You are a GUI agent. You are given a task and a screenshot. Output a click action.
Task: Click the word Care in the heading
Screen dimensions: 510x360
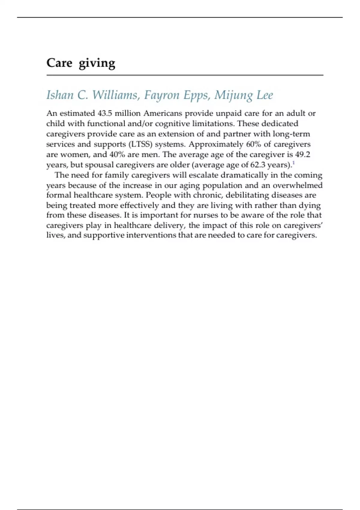click(59, 63)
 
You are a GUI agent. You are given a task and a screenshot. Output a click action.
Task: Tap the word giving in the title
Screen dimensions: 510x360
click(97, 64)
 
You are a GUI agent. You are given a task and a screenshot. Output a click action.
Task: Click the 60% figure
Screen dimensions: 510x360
click(253, 144)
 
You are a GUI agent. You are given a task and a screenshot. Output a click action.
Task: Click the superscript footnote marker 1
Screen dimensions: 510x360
click(293, 163)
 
